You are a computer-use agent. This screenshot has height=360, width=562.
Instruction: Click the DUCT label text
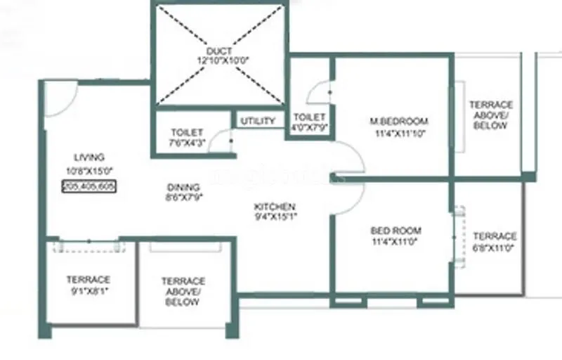coord(220,51)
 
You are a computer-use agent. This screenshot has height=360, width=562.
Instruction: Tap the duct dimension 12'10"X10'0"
coord(220,61)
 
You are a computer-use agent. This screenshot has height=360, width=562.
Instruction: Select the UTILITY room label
coord(258,121)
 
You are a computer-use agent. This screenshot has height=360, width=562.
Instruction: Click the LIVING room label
coord(89,157)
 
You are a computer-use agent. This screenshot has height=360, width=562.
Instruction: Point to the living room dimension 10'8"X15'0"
coord(89,169)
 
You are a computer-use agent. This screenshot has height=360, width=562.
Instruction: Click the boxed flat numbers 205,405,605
coord(89,186)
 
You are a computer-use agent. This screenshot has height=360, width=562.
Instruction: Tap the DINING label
coord(183,188)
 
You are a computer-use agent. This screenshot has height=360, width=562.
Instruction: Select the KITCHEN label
coord(275,207)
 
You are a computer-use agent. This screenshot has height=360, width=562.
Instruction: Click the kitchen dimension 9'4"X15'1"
coord(275,217)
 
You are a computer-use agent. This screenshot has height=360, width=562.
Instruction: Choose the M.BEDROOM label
coord(399,121)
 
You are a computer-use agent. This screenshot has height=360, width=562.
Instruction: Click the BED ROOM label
coord(396,231)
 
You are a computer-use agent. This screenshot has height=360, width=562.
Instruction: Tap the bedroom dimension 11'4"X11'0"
coord(396,242)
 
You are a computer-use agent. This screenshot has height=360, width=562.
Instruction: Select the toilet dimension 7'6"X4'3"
coord(187,143)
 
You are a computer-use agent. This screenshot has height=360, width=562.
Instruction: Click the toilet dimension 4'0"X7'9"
coord(309,127)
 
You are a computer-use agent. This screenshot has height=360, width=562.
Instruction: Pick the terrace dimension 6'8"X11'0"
coord(495,248)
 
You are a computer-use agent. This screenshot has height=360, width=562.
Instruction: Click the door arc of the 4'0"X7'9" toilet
coord(320,91)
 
